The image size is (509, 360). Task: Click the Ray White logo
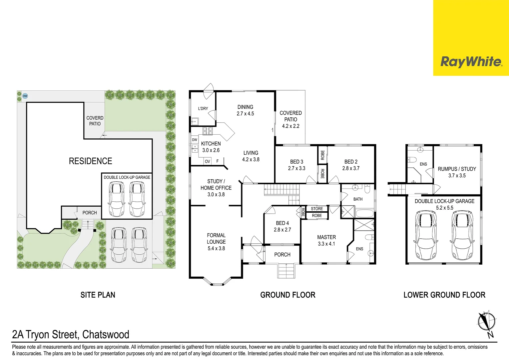click(x=471, y=62)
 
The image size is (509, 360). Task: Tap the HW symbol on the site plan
click(x=25, y=96)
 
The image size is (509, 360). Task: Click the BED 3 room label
click(x=296, y=162)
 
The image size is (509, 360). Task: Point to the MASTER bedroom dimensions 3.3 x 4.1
click(x=326, y=244)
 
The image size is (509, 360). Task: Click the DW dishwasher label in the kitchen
click(x=195, y=140)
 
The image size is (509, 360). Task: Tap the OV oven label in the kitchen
click(x=208, y=161)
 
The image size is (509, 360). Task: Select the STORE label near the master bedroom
click(x=317, y=209)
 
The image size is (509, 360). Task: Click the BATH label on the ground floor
click(x=358, y=199)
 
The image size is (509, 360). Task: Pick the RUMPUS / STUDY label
click(x=457, y=169)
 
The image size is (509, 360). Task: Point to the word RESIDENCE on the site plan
click(x=90, y=161)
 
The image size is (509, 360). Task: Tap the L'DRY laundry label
click(x=203, y=108)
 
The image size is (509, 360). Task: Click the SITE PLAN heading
click(x=98, y=295)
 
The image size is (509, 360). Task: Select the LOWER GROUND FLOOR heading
click(x=444, y=295)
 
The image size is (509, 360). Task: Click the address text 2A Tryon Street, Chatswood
click(x=71, y=334)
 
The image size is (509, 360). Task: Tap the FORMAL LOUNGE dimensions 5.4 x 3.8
click(x=216, y=248)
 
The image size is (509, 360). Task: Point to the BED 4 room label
click(x=282, y=223)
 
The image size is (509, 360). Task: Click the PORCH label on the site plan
click(x=90, y=213)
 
